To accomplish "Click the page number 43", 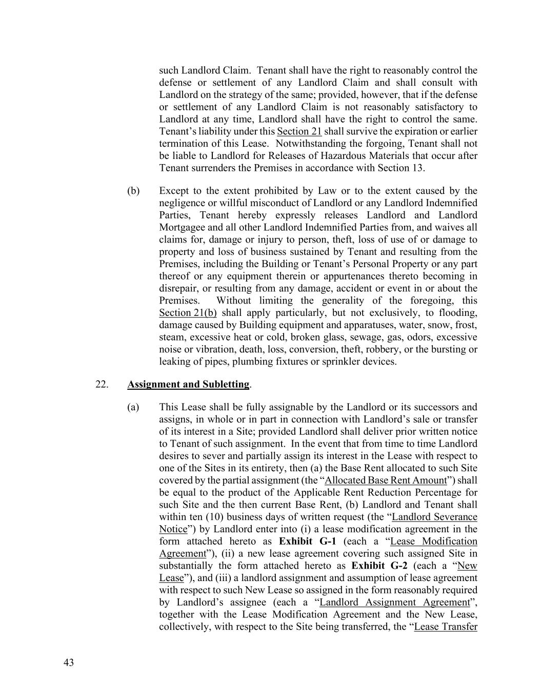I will coord(69,663).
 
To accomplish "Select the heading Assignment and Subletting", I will coord(188,384).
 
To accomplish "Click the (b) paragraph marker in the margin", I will coord(133,191).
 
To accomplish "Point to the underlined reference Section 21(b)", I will coord(188,313).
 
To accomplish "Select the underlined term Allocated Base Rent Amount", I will coord(386,481).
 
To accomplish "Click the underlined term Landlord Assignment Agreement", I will coord(394,603).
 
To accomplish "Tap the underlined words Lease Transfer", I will coord(446,627).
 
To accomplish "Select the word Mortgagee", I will coord(183,227).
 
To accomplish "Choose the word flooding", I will coord(459,313).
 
